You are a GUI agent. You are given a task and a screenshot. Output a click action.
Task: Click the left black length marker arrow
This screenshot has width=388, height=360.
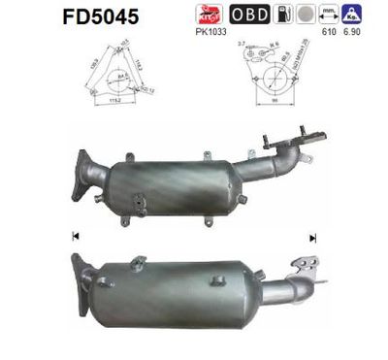tap(76, 236)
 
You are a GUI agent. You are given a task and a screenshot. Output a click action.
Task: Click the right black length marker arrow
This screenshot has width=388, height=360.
tap(312, 236)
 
